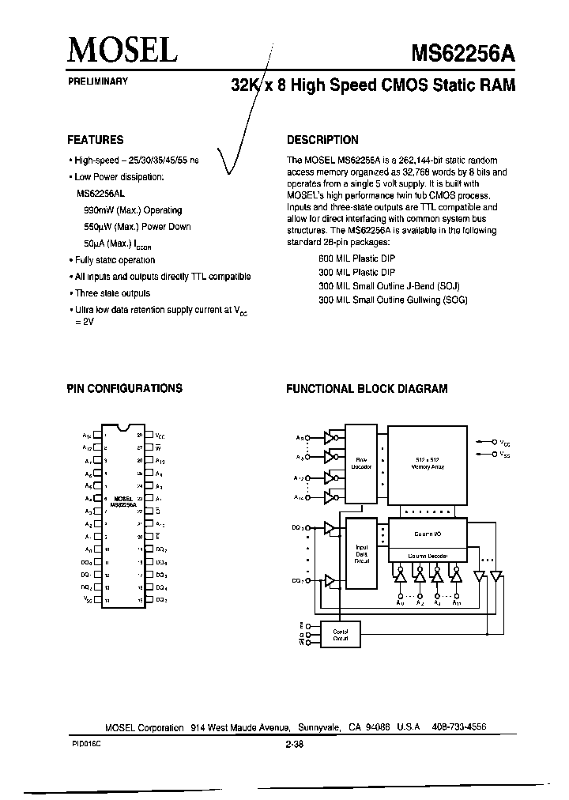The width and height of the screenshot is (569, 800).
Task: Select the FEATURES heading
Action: coord(95,140)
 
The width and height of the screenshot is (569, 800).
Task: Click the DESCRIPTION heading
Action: coord(322,140)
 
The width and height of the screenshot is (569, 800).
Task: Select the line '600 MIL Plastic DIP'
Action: coord(356,258)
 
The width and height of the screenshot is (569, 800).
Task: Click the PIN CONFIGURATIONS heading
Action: coord(124,388)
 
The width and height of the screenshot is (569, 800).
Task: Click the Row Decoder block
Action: coord(361,462)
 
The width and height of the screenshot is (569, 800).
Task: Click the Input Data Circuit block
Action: coord(361,553)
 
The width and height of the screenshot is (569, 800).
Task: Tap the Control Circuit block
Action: coord(339,633)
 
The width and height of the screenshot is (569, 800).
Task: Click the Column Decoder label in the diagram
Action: coord(428,556)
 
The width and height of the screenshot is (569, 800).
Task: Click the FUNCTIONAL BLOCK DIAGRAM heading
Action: coord(366,388)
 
